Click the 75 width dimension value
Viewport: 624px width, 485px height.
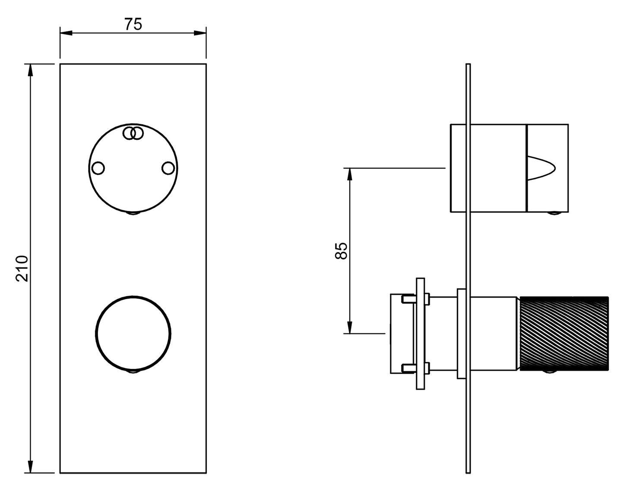pyautogui.click(x=133, y=24)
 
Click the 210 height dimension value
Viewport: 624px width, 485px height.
pyautogui.click(x=22, y=268)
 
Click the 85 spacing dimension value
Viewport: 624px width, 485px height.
pyautogui.click(x=341, y=251)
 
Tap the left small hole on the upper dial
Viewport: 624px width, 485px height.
pyautogui.click(x=98, y=168)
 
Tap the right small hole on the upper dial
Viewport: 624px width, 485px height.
pyautogui.click(x=168, y=168)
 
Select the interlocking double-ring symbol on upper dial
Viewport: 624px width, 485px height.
pyautogui.click(x=133, y=133)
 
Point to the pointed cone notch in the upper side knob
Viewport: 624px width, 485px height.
pyautogui.click(x=542, y=168)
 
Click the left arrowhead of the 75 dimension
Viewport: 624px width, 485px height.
pyautogui.click(x=66, y=33)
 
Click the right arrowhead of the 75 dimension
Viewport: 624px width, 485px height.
pyautogui.click(x=200, y=33)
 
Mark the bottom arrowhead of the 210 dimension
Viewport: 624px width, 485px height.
pyautogui.click(x=30, y=466)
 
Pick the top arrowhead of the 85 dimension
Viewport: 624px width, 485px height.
pyautogui.click(x=349, y=174)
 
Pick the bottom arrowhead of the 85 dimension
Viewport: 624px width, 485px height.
pyautogui.click(x=349, y=328)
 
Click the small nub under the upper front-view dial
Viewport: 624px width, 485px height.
pyautogui.click(x=133, y=213)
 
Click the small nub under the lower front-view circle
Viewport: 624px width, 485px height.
pyautogui.click(x=133, y=372)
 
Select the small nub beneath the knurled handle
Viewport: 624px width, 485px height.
pyautogui.click(x=549, y=372)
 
